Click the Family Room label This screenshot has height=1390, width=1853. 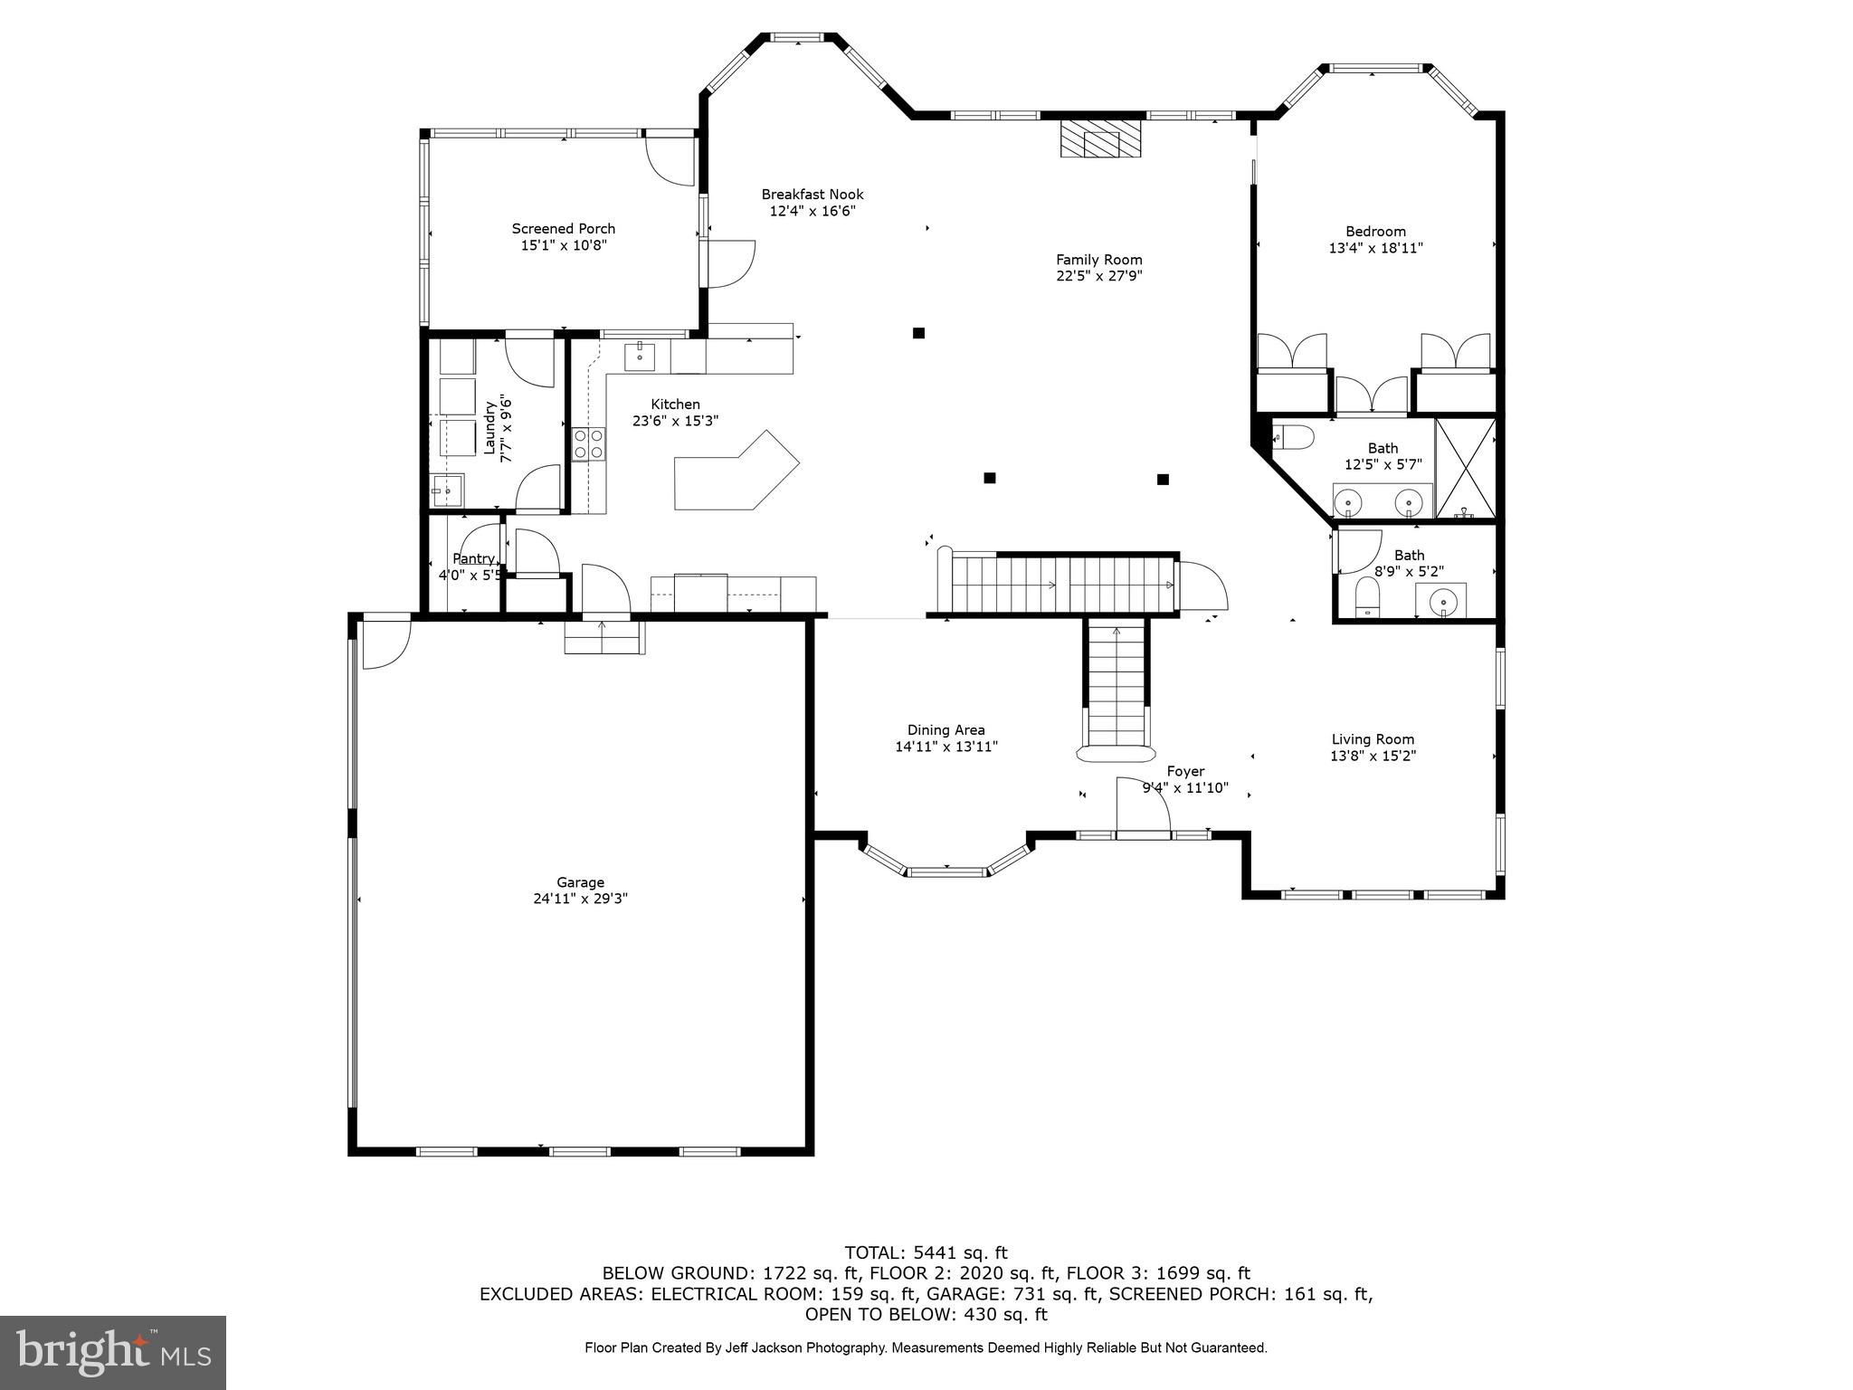click(x=1098, y=260)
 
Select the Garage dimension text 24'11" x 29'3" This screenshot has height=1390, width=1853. click(x=580, y=899)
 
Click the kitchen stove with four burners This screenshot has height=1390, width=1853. click(x=589, y=444)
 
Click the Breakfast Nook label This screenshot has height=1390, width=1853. click(x=812, y=195)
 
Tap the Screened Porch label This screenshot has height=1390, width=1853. click(x=563, y=229)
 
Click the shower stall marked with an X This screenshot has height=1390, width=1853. click(x=1464, y=469)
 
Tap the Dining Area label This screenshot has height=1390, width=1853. click(x=946, y=730)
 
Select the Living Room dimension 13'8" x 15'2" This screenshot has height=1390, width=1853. click(x=1373, y=756)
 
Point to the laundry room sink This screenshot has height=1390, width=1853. click(x=447, y=491)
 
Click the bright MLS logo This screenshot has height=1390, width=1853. click(x=113, y=1352)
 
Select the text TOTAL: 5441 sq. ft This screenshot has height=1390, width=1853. click(x=926, y=1253)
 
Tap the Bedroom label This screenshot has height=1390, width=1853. click(x=1374, y=232)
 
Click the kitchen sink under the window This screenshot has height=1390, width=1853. click(x=641, y=356)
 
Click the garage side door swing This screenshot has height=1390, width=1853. click(x=385, y=643)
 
